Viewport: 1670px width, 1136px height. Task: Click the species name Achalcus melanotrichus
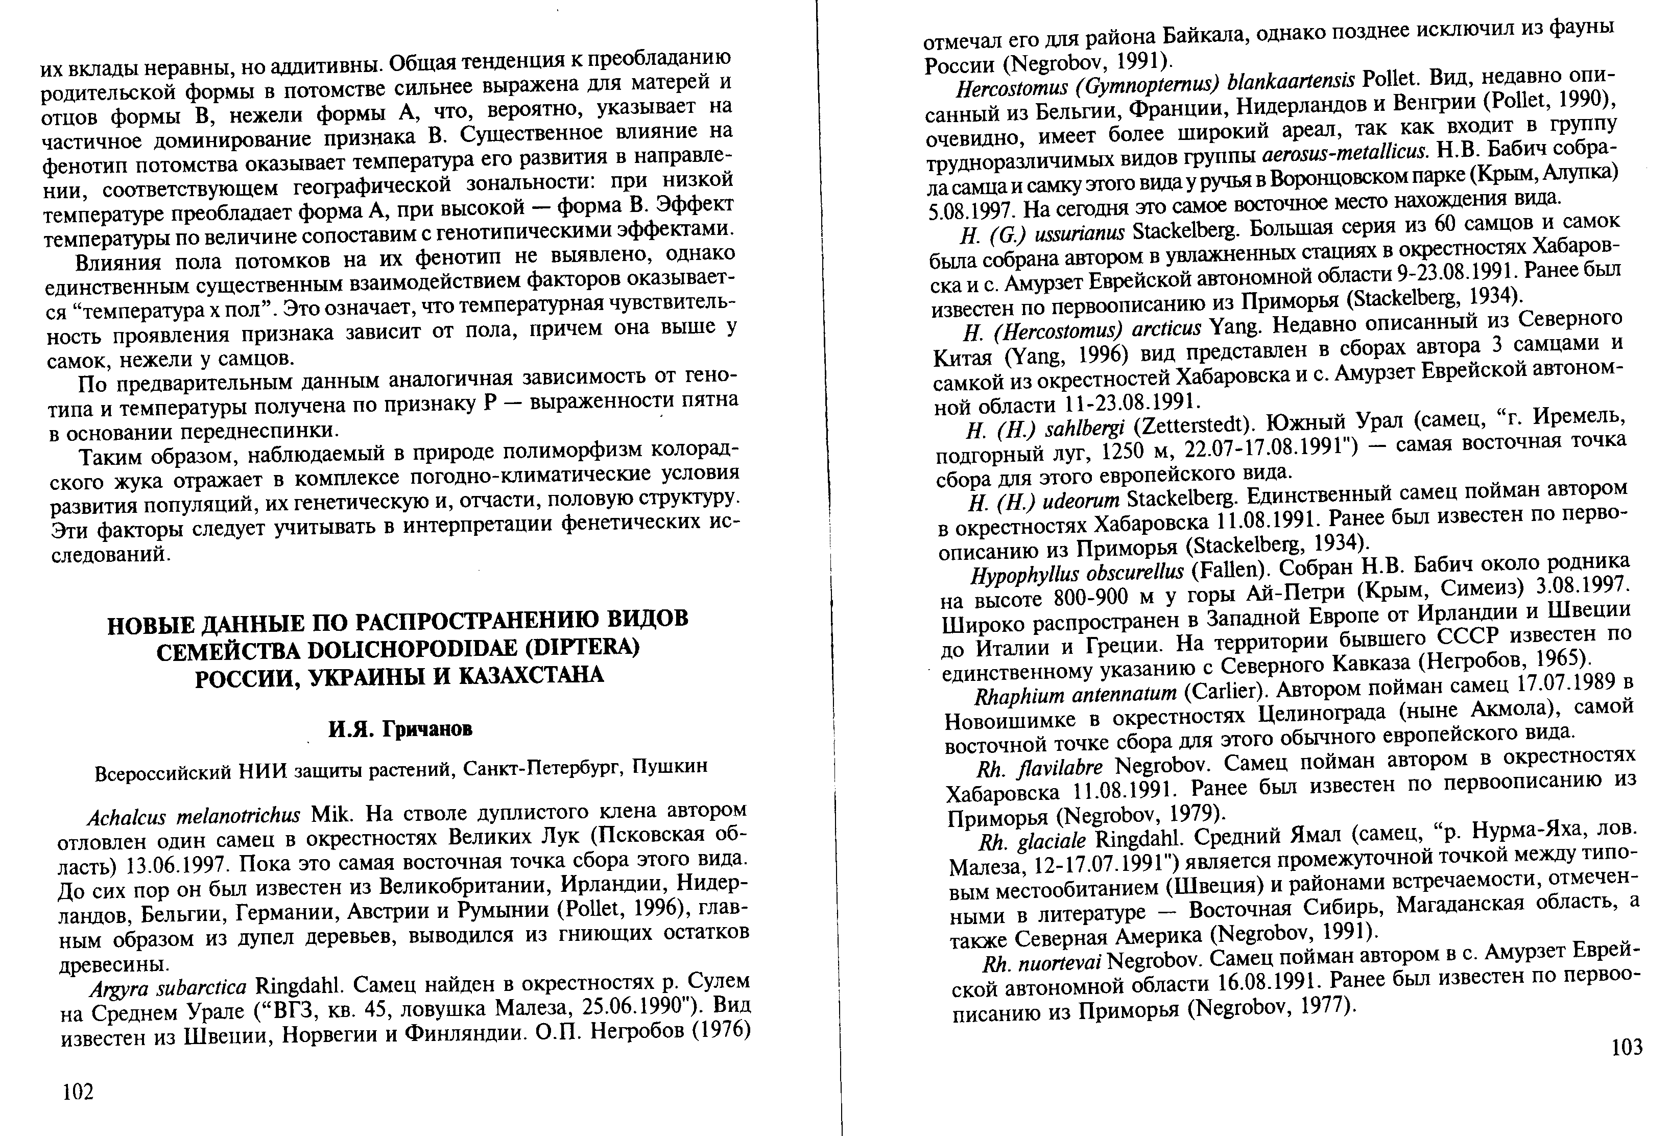pos(193,817)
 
